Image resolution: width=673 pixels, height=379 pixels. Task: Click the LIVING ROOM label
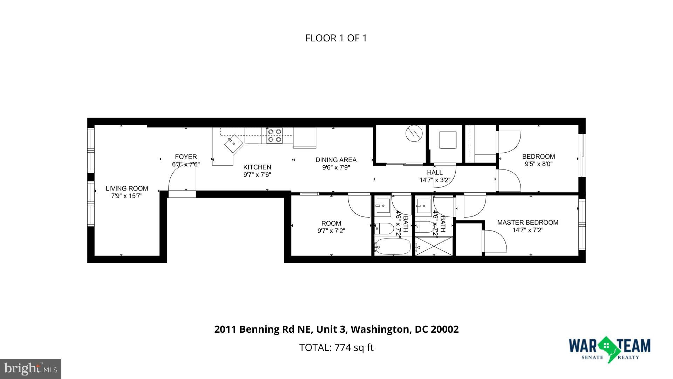tap(127, 188)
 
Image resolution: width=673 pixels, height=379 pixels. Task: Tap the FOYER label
tap(186, 157)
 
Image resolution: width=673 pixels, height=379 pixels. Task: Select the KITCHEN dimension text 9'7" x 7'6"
tap(257, 174)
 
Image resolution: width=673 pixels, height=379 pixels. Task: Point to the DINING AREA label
tap(336, 160)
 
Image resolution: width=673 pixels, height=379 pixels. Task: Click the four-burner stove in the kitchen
tap(274, 135)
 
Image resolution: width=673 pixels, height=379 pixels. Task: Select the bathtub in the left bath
tap(393, 246)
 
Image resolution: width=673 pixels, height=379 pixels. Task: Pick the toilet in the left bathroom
tap(383, 228)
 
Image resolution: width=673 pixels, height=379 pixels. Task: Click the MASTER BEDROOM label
tap(528, 222)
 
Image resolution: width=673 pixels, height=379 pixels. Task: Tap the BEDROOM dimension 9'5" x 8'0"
tap(538, 164)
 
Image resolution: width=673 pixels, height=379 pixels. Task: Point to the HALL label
tap(435, 172)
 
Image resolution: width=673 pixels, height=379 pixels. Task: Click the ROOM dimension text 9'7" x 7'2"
tap(331, 231)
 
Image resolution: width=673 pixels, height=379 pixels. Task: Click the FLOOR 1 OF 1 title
tap(336, 38)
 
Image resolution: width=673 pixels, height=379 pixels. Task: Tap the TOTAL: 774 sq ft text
tap(336, 347)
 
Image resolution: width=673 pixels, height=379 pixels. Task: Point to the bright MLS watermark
tap(31, 369)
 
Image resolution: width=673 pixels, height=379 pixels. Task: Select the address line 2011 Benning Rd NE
tap(336, 329)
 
